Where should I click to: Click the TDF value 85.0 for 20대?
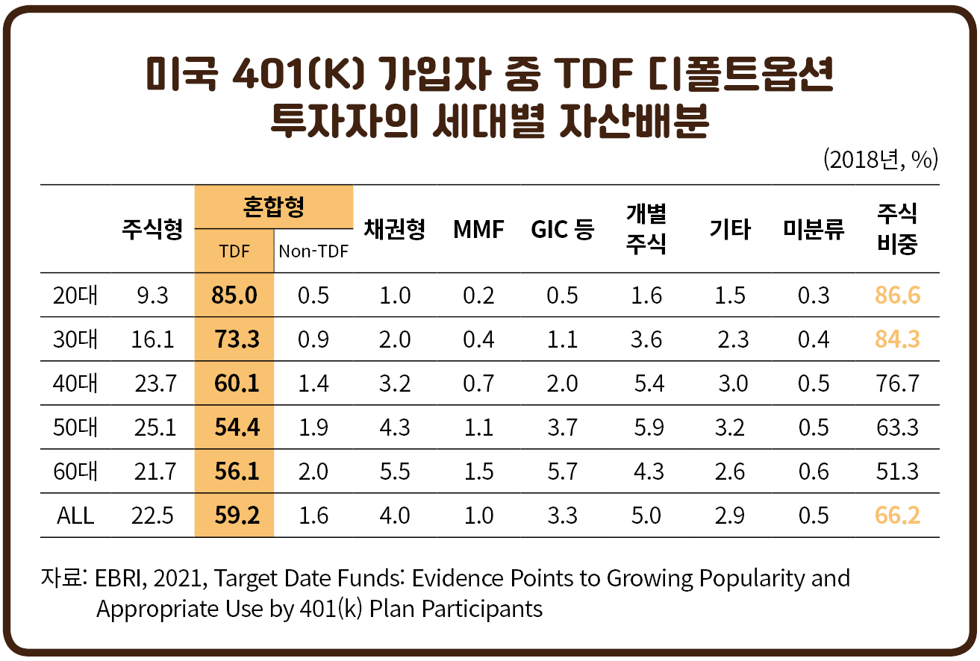[x=234, y=295]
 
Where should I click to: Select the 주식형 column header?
[x=152, y=229]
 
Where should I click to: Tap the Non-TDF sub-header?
[x=313, y=251]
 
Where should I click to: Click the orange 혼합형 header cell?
[x=274, y=207]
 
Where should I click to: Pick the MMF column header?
[x=478, y=229]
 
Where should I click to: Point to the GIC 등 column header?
[x=562, y=229]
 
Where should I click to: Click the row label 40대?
[x=75, y=383]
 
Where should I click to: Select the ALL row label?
[x=75, y=516]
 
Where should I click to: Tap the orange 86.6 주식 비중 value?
[x=898, y=295]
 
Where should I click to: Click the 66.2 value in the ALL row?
[x=898, y=516]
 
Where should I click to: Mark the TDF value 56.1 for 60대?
[x=236, y=472]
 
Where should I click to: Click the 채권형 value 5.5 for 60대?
[x=395, y=472]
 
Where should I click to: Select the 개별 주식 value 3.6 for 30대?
[x=646, y=339]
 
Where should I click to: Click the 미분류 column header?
[x=813, y=229]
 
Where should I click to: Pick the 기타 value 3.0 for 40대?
[x=732, y=383]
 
